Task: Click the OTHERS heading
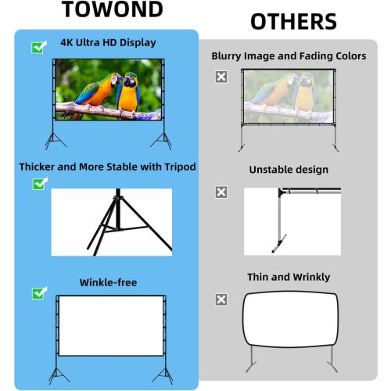pos(293,21)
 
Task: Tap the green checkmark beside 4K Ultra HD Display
pos(38,47)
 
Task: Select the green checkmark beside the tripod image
pos(38,184)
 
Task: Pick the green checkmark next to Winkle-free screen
pos(38,293)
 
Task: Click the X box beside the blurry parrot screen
pos(221,77)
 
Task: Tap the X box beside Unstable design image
pos(221,192)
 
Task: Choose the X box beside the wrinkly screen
pos(221,300)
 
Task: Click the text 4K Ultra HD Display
pos(108,42)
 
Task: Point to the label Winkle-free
pos(108,282)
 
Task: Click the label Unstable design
pos(289,170)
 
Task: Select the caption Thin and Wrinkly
pos(289,277)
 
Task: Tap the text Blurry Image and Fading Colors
pos(289,56)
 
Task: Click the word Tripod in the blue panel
pos(177,167)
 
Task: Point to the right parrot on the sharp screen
pos(128,92)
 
